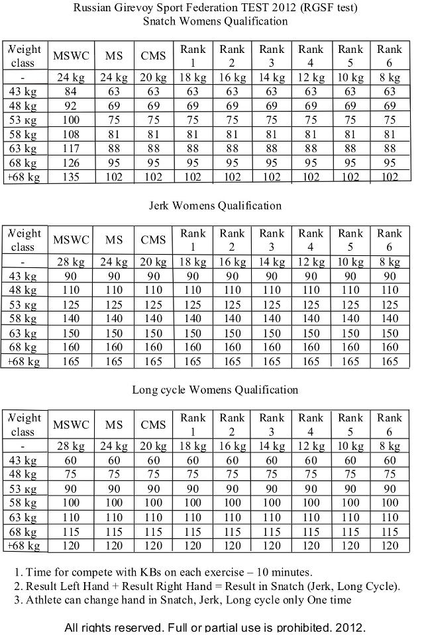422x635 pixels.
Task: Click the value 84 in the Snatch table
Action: point(70,92)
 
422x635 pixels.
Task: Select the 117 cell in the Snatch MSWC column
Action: point(70,149)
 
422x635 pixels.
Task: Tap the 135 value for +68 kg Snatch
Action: point(70,177)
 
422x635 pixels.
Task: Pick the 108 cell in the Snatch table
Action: point(70,134)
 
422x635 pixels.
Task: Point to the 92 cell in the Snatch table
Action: point(70,106)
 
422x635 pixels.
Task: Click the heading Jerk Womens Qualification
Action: point(215,206)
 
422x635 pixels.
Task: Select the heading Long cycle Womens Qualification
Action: point(215,390)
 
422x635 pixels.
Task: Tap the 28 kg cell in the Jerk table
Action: point(70,262)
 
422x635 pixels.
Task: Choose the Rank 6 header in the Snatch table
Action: point(390,56)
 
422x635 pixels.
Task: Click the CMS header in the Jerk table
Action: point(153,240)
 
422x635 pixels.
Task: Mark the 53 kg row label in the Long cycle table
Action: point(23,489)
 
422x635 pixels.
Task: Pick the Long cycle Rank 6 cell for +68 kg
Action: point(390,546)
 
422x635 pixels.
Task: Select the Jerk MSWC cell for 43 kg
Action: point(70,276)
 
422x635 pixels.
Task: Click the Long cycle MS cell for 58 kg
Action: point(114,503)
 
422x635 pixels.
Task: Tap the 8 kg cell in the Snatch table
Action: point(390,77)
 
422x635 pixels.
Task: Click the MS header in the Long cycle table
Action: point(114,425)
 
